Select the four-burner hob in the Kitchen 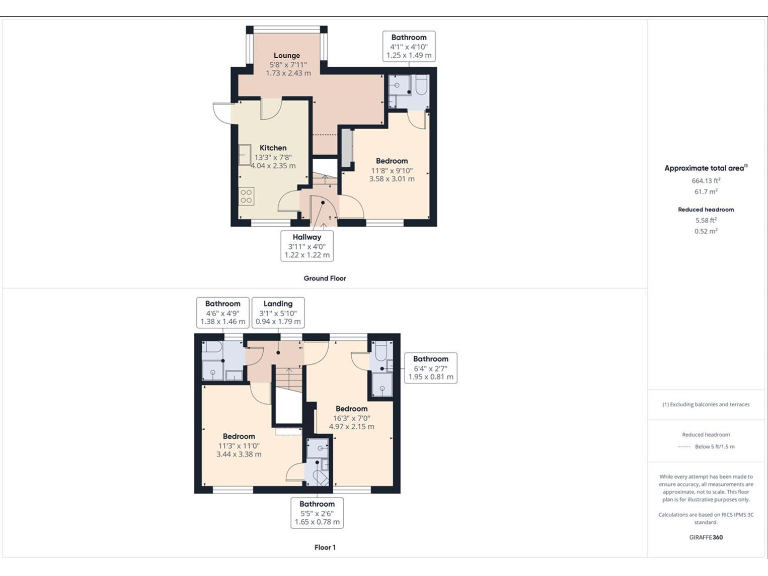coord(246,196)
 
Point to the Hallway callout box coord(307,245)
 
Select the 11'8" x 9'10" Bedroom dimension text coord(391,170)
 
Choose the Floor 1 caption coord(325,547)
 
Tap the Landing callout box coord(278,312)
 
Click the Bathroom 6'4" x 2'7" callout coord(431,368)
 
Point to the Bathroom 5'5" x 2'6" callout coord(316,512)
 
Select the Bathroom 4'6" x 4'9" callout coord(223,312)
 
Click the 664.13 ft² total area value coord(707,180)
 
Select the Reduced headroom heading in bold coord(707,209)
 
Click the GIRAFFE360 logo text coord(707,537)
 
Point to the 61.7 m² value coord(707,190)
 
